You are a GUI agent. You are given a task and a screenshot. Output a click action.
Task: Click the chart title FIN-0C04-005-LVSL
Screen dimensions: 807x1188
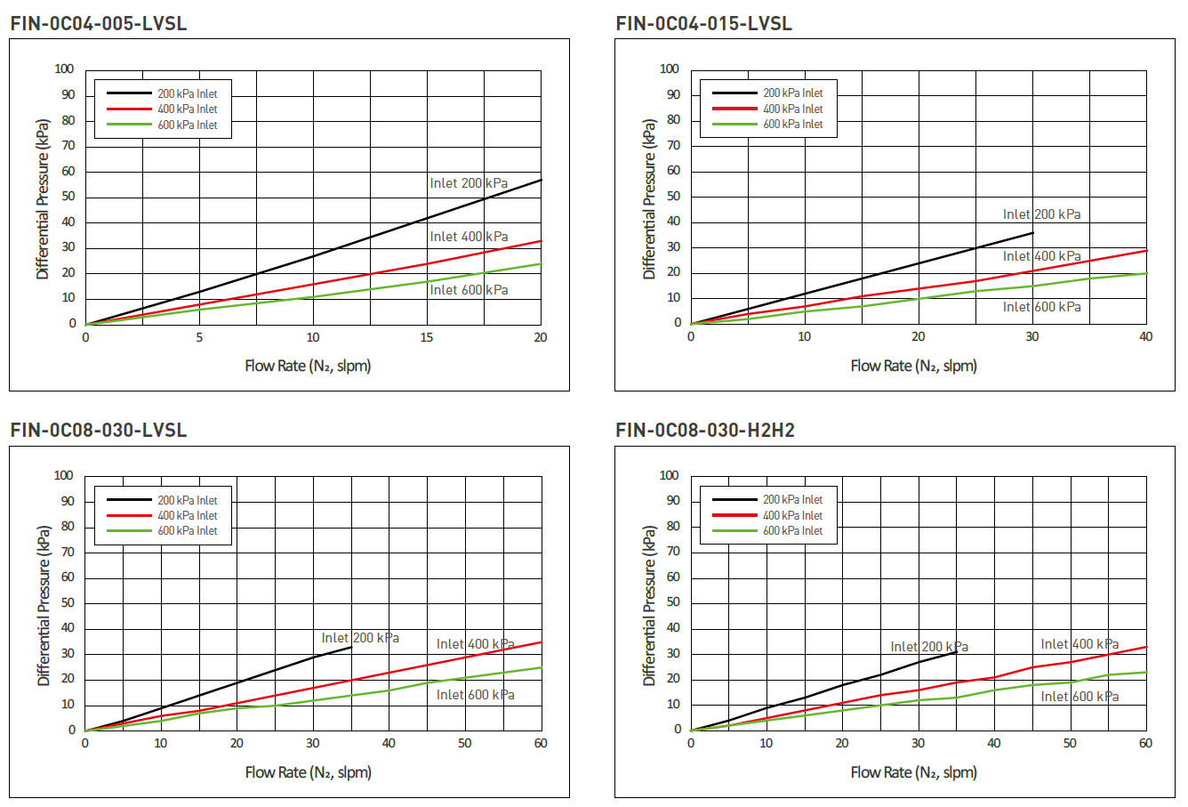pos(99,24)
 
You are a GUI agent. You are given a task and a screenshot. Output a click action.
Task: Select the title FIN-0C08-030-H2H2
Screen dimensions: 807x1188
pos(705,431)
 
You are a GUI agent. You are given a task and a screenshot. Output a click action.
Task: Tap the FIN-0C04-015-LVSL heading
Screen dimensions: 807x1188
pos(704,24)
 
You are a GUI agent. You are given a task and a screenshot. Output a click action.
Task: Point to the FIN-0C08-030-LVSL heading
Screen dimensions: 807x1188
pos(99,431)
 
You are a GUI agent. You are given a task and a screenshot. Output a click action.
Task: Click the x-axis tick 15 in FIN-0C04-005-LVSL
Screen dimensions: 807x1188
pos(427,338)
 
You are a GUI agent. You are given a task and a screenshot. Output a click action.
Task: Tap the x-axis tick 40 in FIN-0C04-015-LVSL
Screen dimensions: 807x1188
pos(1145,337)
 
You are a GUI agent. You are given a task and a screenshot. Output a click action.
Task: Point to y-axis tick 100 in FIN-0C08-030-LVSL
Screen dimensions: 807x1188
pos(64,476)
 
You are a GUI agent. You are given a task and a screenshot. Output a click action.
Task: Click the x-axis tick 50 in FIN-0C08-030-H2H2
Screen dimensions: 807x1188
pos(1070,744)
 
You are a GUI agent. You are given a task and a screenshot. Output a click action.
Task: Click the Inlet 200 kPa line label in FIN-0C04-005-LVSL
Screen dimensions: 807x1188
pos(469,183)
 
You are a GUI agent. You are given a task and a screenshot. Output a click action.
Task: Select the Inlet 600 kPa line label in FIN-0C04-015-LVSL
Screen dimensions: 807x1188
pos(1042,307)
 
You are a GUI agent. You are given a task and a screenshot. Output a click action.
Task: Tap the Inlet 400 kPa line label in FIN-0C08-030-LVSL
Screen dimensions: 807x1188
pos(475,644)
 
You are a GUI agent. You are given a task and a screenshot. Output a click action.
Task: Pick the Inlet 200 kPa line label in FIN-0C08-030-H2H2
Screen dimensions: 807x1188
pos(929,647)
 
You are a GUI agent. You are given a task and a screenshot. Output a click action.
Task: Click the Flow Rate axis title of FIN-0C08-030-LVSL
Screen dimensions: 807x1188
pos(308,772)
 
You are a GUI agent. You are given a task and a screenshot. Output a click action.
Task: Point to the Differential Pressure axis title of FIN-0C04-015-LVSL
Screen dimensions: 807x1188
pos(649,198)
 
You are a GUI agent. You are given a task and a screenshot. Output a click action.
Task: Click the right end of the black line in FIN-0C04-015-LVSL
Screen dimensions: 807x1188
pos(1032,233)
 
